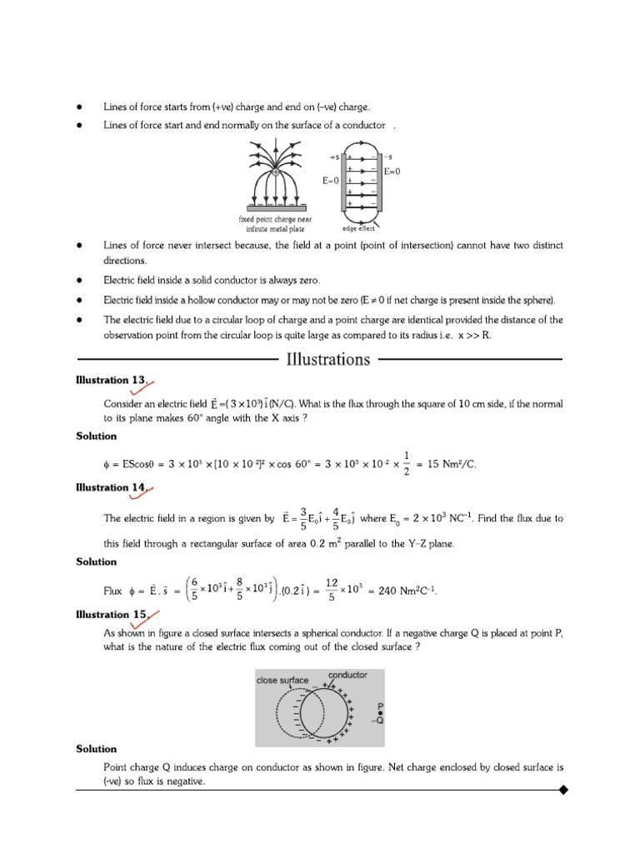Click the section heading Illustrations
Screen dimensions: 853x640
[328, 360]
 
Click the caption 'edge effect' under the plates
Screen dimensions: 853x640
[358, 228]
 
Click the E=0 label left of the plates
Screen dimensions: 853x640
[331, 179]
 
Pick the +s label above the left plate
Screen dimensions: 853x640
[335, 156]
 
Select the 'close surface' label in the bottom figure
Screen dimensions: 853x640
[282, 681]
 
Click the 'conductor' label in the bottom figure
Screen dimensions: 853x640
[347, 675]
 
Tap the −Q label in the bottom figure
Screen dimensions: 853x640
[379, 721]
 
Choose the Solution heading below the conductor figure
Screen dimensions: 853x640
[97, 749]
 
